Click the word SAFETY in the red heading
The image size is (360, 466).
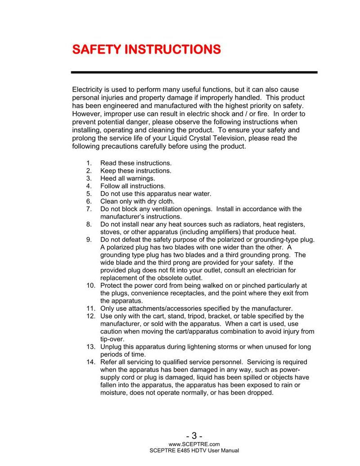(x=96, y=49)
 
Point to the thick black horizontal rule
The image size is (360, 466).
(x=194, y=72)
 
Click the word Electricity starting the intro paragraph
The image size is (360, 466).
(x=87, y=90)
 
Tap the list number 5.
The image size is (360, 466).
(x=89, y=194)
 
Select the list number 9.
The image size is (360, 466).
(x=89, y=240)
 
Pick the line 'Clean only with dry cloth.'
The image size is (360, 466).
(x=137, y=202)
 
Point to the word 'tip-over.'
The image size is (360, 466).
(x=112, y=339)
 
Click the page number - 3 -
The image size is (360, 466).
(x=194, y=436)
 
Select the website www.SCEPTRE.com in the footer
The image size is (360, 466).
(x=194, y=444)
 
